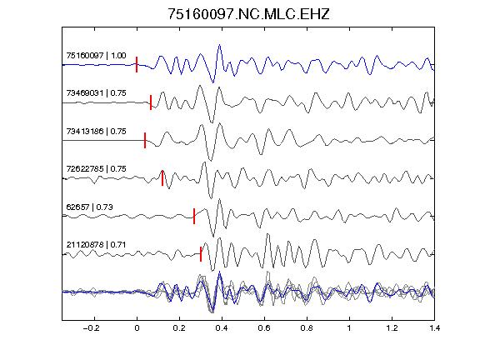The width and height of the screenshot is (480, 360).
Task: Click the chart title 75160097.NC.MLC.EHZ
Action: coord(248,14)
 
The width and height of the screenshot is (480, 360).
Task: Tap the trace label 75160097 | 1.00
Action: coord(96,55)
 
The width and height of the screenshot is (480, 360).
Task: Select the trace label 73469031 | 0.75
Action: coord(96,93)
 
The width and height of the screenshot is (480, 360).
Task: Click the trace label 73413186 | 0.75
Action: coord(96,132)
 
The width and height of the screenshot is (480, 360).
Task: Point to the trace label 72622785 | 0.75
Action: coord(96,168)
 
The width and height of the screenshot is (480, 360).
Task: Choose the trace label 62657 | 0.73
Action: coord(89,207)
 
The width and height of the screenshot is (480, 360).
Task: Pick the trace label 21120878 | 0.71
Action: coord(96,245)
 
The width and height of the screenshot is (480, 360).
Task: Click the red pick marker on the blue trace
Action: coord(137,65)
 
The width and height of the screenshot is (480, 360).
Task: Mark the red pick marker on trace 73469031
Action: coord(151,102)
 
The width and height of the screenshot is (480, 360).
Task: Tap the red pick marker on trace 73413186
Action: coord(145,140)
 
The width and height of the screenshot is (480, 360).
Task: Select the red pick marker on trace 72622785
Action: coord(162,178)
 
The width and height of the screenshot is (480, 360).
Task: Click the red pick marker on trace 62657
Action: coord(194,216)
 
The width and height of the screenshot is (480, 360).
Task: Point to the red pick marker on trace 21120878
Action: coord(201,254)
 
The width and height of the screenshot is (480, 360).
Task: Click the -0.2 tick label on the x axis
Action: coord(92,328)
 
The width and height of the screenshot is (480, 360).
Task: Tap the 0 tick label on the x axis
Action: coord(137,328)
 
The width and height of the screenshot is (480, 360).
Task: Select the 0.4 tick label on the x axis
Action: coord(222,328)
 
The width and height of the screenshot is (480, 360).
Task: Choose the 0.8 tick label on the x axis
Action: coord(307,328)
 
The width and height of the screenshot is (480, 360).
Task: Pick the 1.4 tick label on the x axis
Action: coord(434,328)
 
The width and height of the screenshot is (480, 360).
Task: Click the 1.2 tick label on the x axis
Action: coord(392,328)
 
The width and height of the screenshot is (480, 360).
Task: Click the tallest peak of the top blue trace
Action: coord(219,45)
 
